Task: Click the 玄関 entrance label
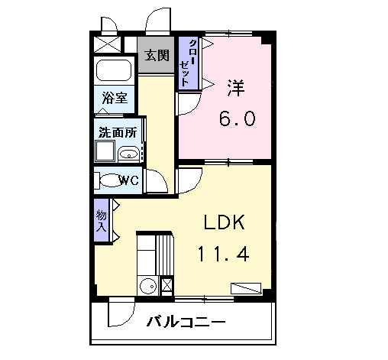pyautogui.click(x=157, y=55)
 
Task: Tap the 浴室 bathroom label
pyautogui.click(x=115, y=98)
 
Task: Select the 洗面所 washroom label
pyautogui.click(x=118, y=132)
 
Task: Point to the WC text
pyautogui.click(x=129, y=180)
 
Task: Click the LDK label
pyautogui.click(x=225, y=222)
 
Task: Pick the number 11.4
pyautogui.click(x=223, y=254)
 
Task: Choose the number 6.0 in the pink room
pyautogui.click(x=237, y=118)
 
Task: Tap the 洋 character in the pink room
pyautogui.click(x=236, y=88)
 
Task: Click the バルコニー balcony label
pyautogui.click(x=186, y=322)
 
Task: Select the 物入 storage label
pyautogui.click(x=101, y=221)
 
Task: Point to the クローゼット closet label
pyautogui.click(x=188, y=63)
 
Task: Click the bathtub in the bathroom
pyautogui.click(x=114, y=70)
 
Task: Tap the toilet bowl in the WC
pyautogui.click(x=111, y=180)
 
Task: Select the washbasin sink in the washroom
pyautogui.click(x=128, y=154)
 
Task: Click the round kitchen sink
pyautogui.click(x=148, y=287)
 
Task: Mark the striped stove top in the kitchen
pyautogui.click(x=164, y=255)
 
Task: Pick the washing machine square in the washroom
pyautogui.click(x=105, y=151)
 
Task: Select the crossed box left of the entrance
pyautogui.click(x=107, y=44)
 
